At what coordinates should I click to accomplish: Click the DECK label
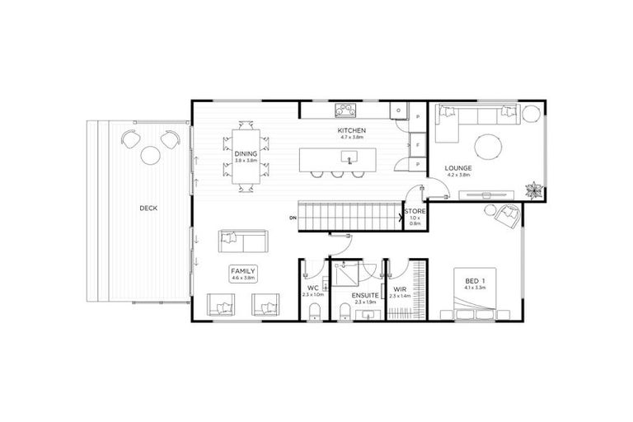click(148, 208)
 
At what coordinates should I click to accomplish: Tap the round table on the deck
click(150, 154)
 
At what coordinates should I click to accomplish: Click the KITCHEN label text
click(351, 131)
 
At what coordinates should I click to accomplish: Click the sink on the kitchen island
click(349, 157)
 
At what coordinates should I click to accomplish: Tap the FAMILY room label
click(243, 270)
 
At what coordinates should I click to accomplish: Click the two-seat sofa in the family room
click(242, 241)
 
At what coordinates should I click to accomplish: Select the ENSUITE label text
click(363, 294)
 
